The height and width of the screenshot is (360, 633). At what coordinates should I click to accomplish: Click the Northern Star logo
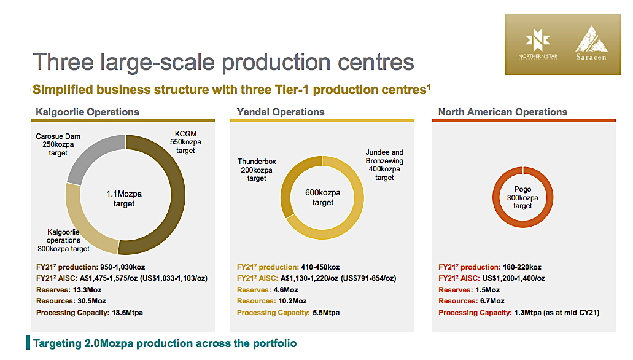[538, 45]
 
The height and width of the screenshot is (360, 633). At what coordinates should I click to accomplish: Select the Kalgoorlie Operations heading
[87, 112]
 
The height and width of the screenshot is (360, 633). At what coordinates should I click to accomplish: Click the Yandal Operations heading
[281, 112]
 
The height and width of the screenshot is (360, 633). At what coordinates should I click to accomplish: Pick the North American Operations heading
[503, 112]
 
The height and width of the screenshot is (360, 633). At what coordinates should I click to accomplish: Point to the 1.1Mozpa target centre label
[124, 198]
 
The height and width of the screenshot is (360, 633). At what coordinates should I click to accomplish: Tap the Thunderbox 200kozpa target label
[257, 170]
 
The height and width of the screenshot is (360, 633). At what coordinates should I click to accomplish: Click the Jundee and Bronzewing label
[384, 165]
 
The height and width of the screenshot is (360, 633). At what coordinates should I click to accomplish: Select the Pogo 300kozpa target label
[522, 198]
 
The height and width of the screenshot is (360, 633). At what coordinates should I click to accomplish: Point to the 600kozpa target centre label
[322, 197]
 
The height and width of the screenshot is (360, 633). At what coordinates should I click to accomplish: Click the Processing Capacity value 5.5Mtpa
[325, 313]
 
